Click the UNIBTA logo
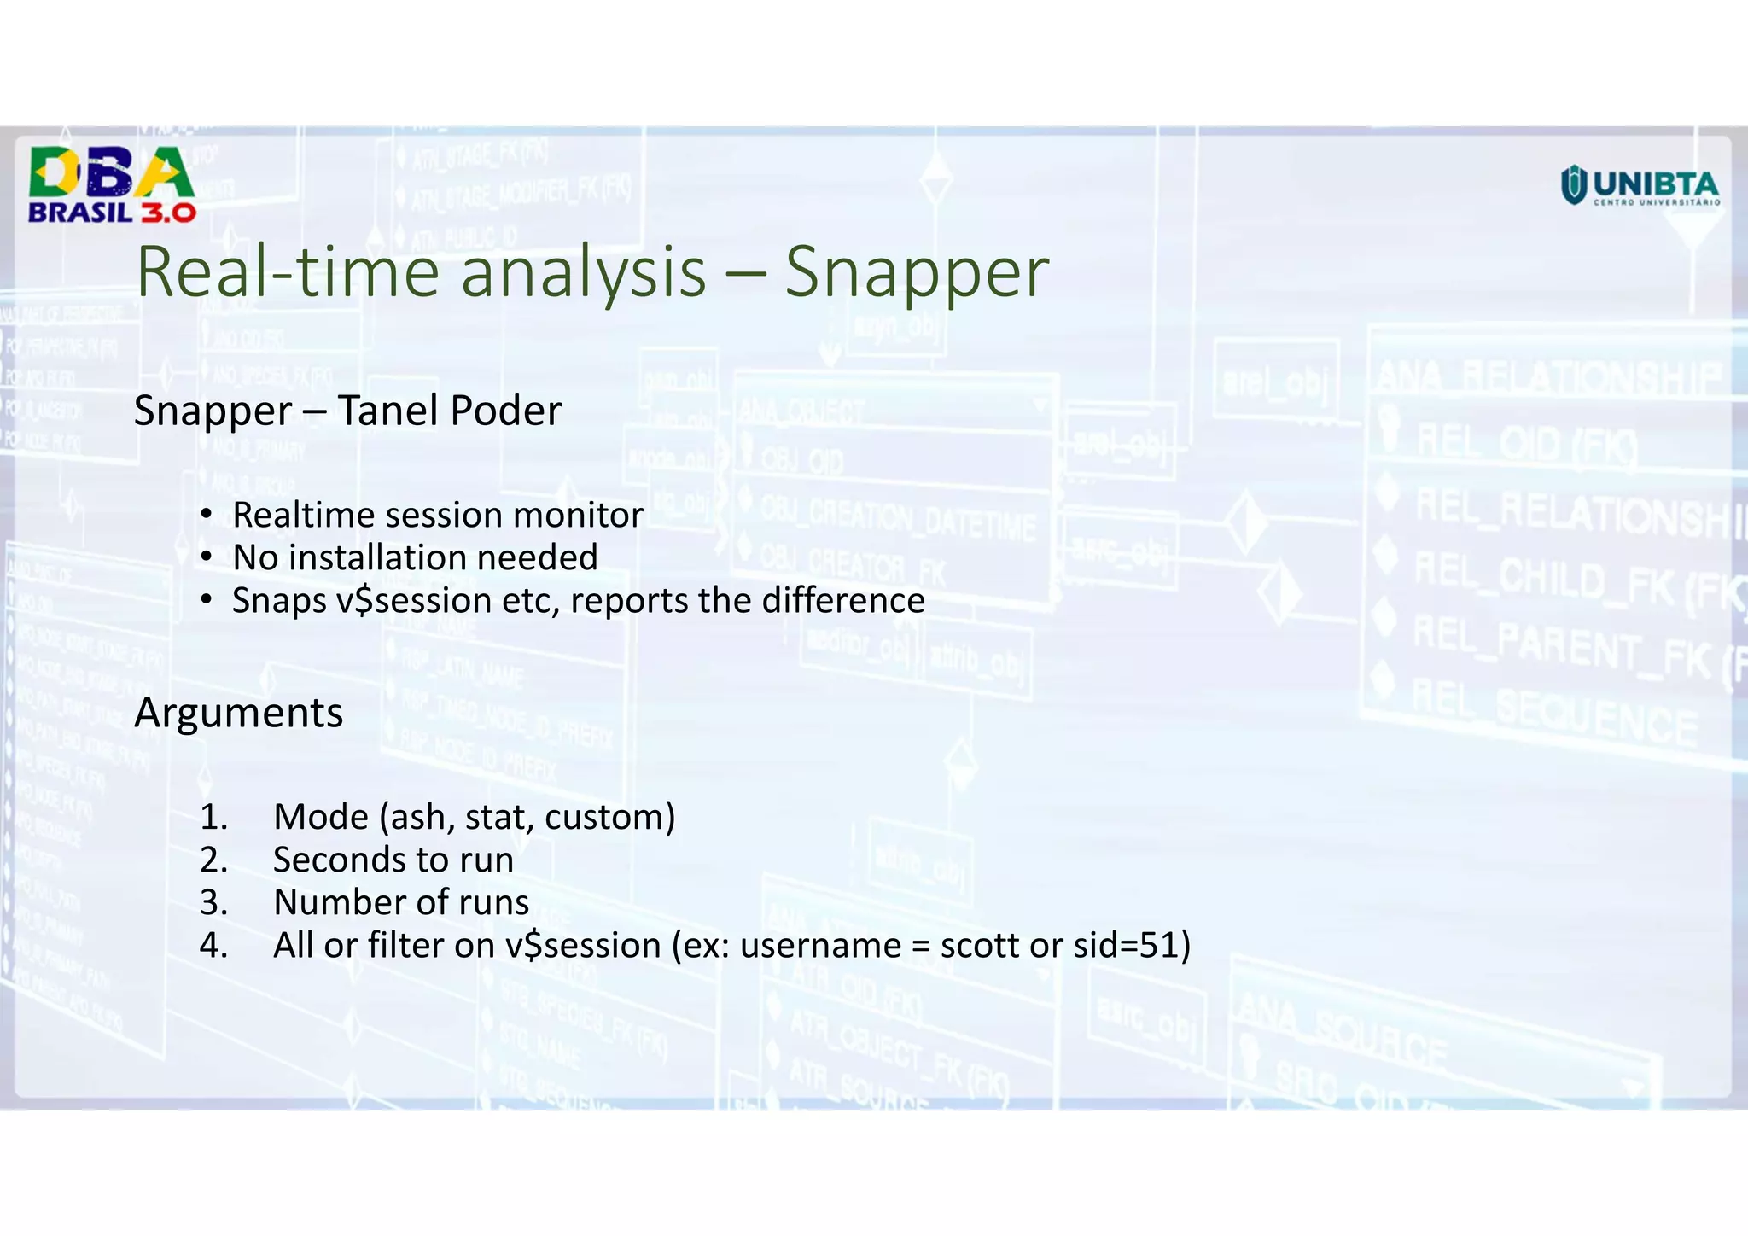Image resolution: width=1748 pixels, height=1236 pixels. [x=1640, y=185]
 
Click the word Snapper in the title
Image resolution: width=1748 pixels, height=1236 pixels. [x=916, y=273]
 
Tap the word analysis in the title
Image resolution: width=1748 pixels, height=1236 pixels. [x=583, y=273]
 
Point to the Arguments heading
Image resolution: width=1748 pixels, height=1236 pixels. [x=238, y=714]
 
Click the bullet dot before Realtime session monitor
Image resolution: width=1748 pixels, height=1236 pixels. [x=206, y=515]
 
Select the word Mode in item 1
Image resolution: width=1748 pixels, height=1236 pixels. [x=321, y=818]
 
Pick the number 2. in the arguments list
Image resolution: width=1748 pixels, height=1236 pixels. [x=213, y=860]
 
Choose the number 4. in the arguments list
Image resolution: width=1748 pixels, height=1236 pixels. [x=213, y=946]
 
